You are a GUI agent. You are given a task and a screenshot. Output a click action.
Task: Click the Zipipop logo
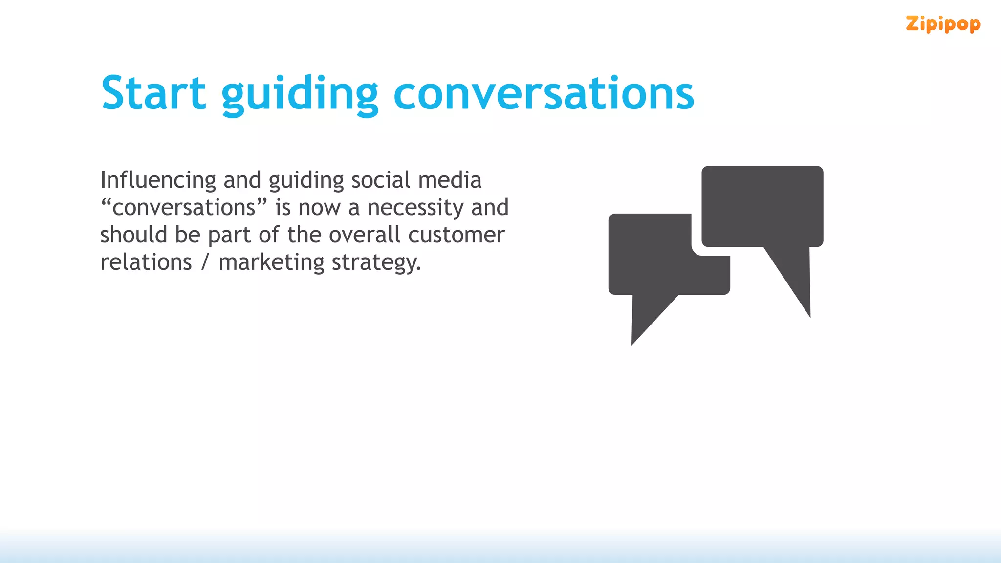coord(943,24)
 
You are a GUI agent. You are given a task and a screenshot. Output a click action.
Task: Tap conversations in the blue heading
coord(544,94)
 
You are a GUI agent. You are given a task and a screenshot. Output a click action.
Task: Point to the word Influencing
coord(158,180)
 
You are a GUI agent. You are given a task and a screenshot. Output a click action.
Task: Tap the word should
coord(133,235)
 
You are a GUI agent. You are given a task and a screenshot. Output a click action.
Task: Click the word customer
coord(456,235)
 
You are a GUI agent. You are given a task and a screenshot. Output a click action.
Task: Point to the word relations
coord(146,262)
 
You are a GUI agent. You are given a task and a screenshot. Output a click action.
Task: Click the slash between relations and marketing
coord(205,262)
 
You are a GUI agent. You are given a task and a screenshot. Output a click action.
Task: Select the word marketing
coord(271,263)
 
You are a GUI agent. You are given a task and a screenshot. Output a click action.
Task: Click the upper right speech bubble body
coord(762,206)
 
